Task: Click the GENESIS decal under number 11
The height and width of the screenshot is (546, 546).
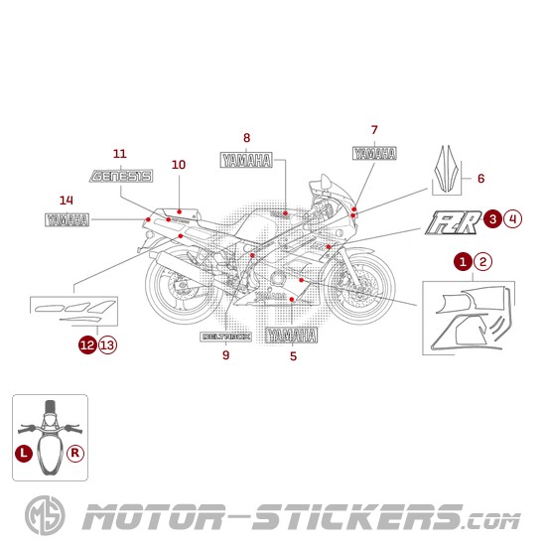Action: coord(120,177)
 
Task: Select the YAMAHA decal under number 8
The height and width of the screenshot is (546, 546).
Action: coord(246,161)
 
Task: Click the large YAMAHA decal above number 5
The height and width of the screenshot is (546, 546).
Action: coord(292,335)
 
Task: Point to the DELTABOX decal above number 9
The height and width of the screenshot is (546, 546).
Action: coord(226,337)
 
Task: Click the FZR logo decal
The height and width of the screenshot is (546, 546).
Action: coord(452,221)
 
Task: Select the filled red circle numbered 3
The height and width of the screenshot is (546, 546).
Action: coord(493,218)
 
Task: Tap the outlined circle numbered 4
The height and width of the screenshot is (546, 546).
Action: coord(512,218)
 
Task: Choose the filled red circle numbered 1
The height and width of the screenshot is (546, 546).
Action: coord(463,262)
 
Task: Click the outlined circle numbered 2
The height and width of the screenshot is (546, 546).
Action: coord(481,262)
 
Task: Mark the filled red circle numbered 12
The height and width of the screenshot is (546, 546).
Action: coord(88,344)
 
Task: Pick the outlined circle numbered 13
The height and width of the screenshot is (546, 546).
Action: coord(107,344)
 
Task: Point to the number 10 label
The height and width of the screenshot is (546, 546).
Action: coord(179,165)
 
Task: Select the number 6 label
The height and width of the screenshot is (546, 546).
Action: coord(480,179)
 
